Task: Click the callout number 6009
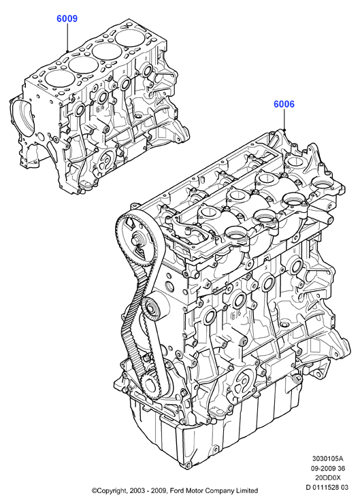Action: tap(67, 18)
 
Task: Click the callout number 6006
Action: tap(284, 104)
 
